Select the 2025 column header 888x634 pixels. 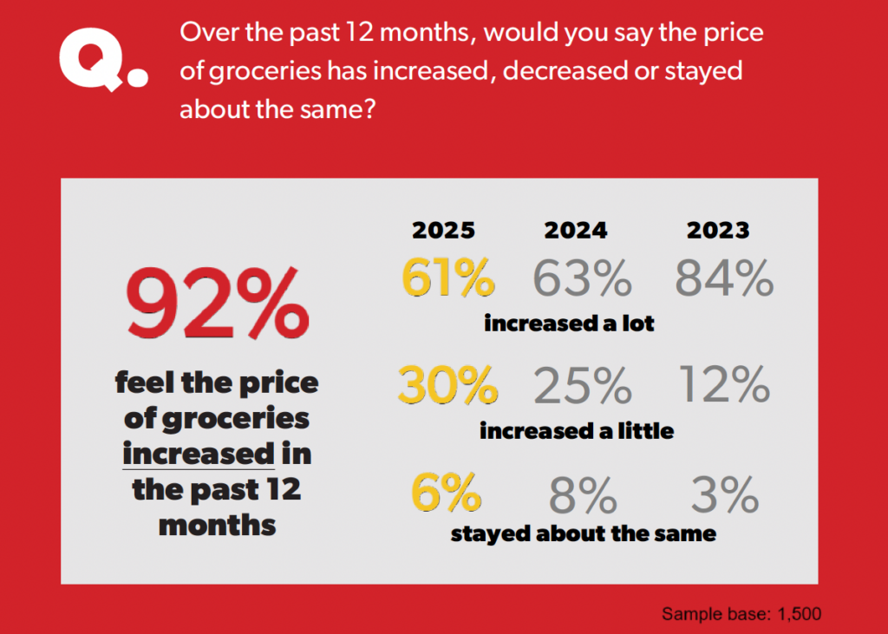[443, 230]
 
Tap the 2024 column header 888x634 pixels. [576, 230]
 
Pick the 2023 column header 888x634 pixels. [718, 230]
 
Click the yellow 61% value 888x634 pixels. [447, 278]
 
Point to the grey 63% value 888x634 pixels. [582, 278]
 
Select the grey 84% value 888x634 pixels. [723, 278]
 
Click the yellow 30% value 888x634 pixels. [447, 385]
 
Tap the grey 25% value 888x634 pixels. [582, 385]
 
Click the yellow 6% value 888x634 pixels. [445, 494]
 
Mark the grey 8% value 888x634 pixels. [582, 494]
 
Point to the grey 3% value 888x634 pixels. [725, 494]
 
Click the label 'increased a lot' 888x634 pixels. [569, 324]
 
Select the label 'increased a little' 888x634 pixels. [577, 430]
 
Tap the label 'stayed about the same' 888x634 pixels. [583, 533]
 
